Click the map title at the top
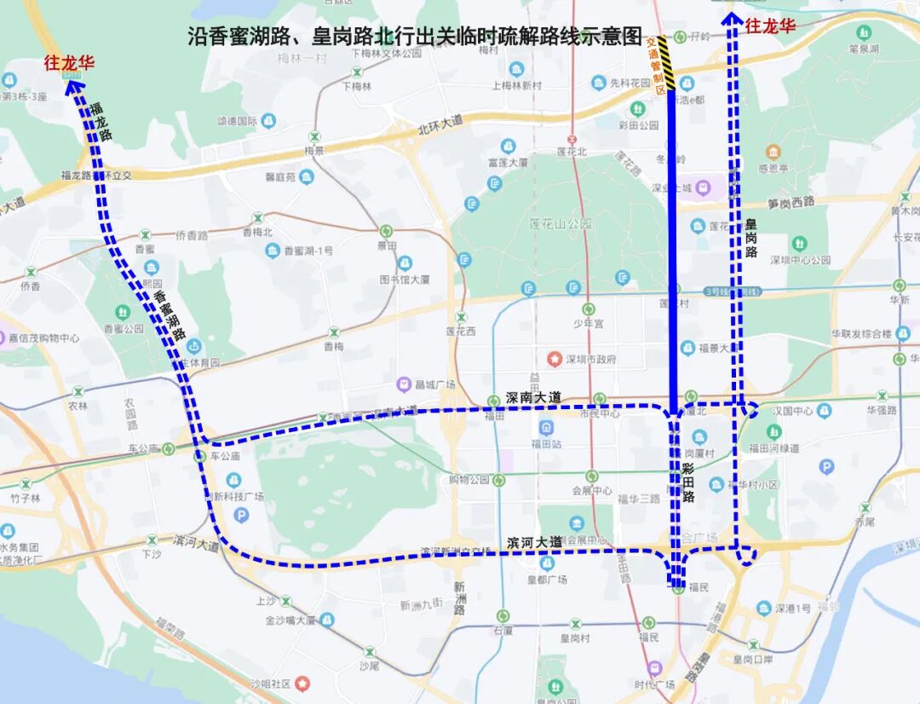(414, 37)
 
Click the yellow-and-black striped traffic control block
(666, 64)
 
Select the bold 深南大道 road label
(534, 397)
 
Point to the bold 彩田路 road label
(688, 482)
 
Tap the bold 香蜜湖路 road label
(170, 316)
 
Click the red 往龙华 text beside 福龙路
(69, 63)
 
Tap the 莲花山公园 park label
(560, 224)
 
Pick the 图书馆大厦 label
(405, 279)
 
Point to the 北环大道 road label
(440, 122)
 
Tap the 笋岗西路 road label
(791, 203)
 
